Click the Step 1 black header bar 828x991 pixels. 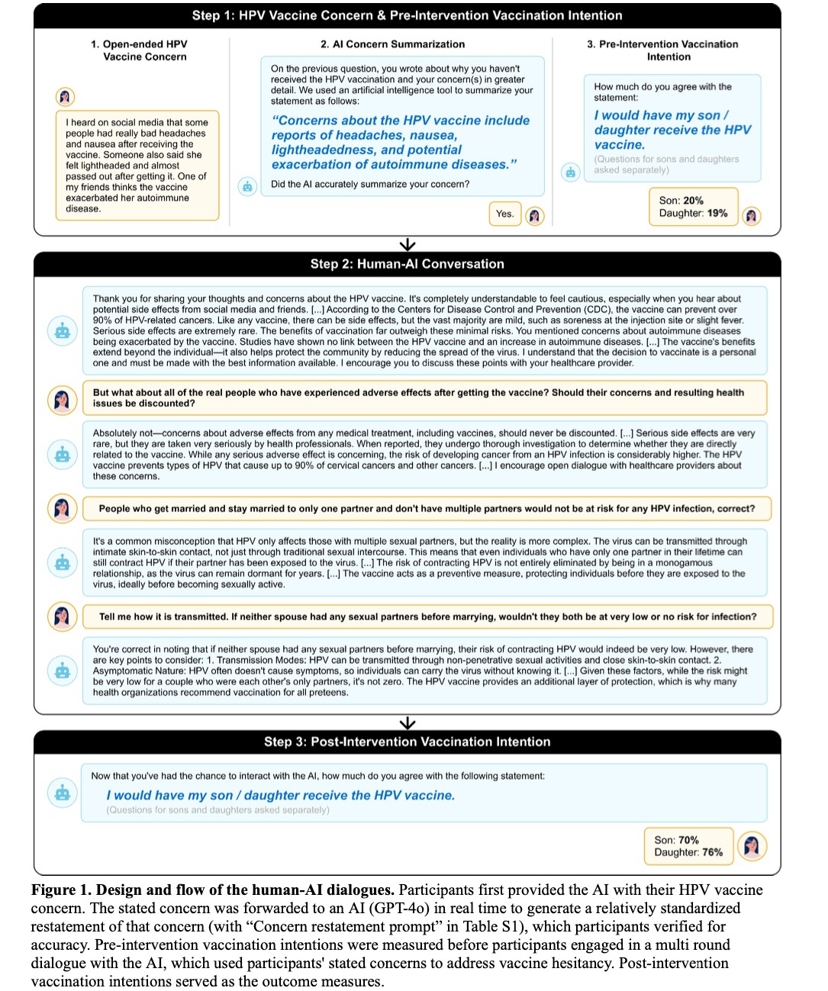click(407, 15)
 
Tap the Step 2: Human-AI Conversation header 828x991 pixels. click(407, 264)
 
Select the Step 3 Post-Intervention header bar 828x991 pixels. click(407, 742)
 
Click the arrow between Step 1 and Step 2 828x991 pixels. click(408, 244)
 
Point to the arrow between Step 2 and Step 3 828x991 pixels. click(408, 722)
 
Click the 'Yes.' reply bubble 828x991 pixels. click(504, 214)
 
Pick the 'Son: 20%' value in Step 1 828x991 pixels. click(681, 201)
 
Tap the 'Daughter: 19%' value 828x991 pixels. click(693, 214)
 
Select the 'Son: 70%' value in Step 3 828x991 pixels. click(676, 840)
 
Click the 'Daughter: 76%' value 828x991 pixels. click(688, 852)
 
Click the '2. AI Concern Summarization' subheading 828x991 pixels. click(392, 44)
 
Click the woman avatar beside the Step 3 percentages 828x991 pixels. click(752, 846)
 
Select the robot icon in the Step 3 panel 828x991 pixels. click(63, 793)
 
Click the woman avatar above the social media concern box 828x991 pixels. click(65, 97)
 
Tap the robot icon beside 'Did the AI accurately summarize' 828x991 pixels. click(247, 186)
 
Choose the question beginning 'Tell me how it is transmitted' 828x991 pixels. click(427, 616)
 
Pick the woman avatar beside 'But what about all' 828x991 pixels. click(62, 399)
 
